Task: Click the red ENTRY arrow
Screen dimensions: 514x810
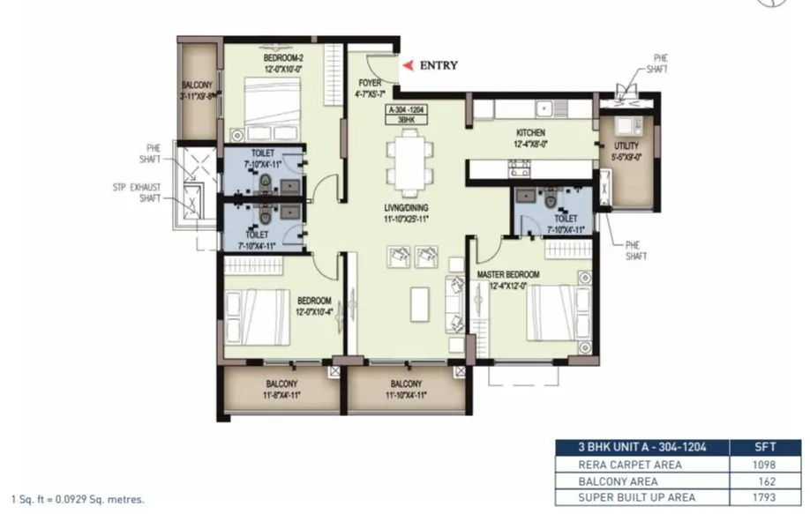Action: tap(407, 65)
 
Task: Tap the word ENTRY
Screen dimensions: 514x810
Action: tap(438, 65)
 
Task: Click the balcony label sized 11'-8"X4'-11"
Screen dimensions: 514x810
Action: tap(281, 389)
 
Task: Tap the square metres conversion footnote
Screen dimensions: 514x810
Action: tap(78, 499)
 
